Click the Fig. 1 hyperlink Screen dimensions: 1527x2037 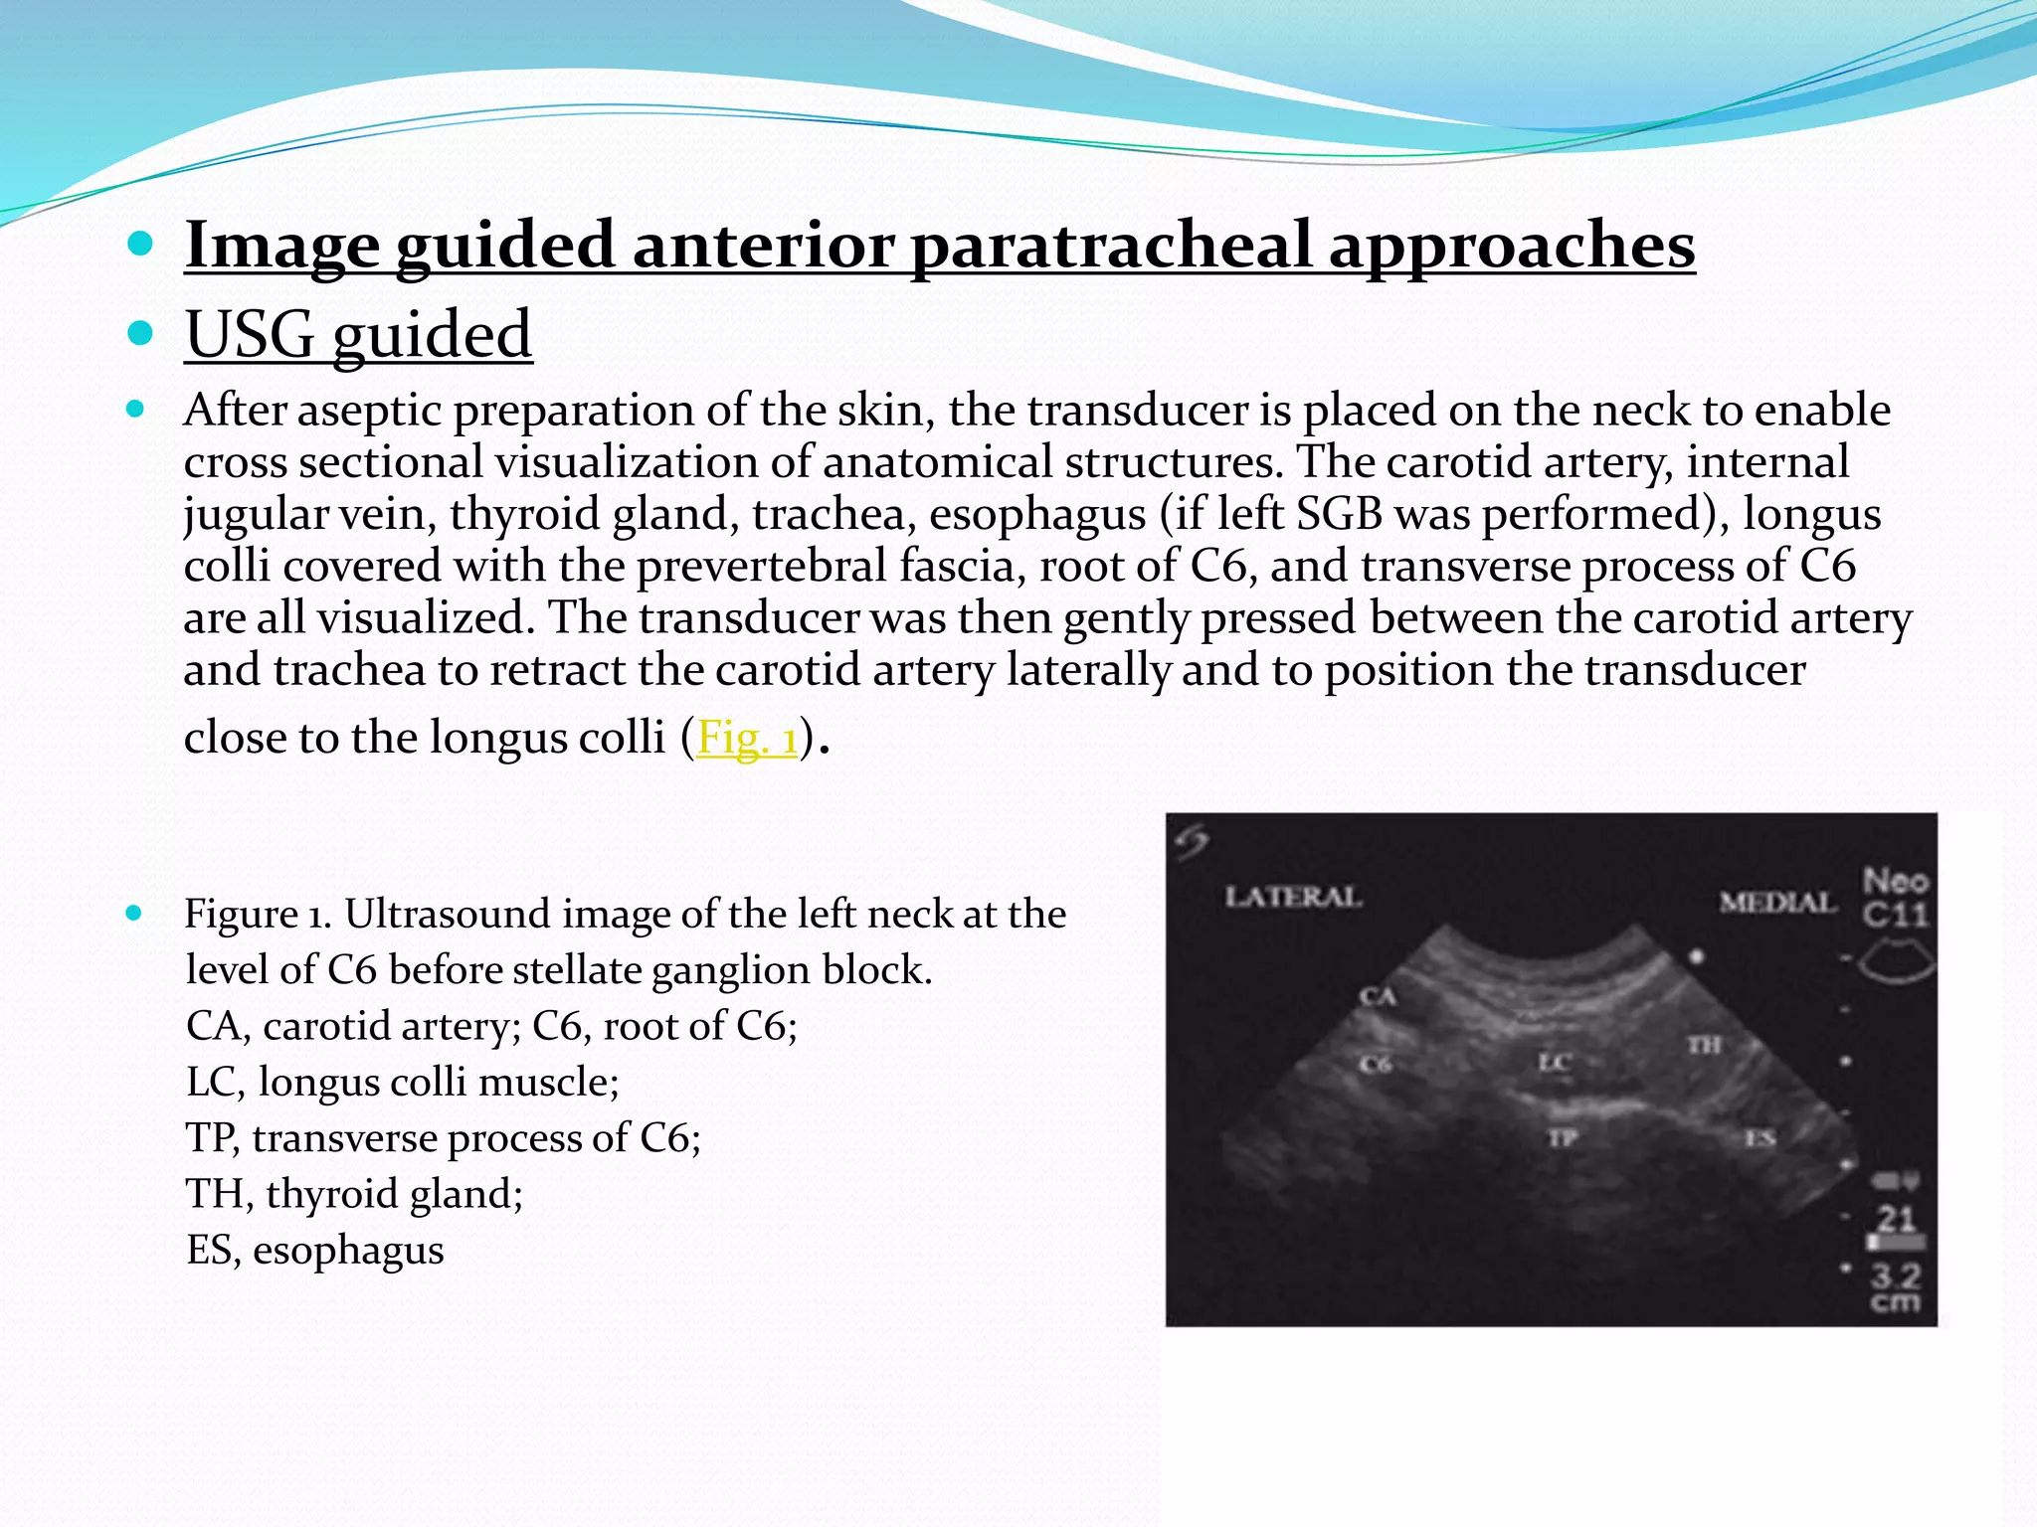[747, 738]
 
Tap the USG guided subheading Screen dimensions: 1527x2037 [358, 334]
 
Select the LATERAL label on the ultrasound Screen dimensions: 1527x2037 [1292, 897]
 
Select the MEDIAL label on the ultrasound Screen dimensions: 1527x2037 [1777, 902]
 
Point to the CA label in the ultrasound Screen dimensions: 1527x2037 [1379, 996]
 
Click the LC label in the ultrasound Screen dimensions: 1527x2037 [1554, 1063]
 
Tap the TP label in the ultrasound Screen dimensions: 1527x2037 [1562, 1137]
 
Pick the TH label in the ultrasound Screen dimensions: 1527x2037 [1704, 1045]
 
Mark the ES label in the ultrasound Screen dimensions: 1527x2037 [1760, 1138]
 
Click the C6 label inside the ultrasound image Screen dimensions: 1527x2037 [1376, 1065]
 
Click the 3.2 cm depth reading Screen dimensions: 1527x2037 [1896, 1286]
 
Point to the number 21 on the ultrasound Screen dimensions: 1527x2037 [1896, 1219]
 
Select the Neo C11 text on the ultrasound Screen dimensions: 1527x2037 [1896, 897]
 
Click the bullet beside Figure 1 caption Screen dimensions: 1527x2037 [135, 913]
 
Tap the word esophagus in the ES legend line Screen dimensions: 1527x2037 [348, 1250]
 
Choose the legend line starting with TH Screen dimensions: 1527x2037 [354, 1193]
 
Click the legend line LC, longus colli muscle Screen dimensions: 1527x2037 [402, 1082]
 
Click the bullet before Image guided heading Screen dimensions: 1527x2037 [140, 244]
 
